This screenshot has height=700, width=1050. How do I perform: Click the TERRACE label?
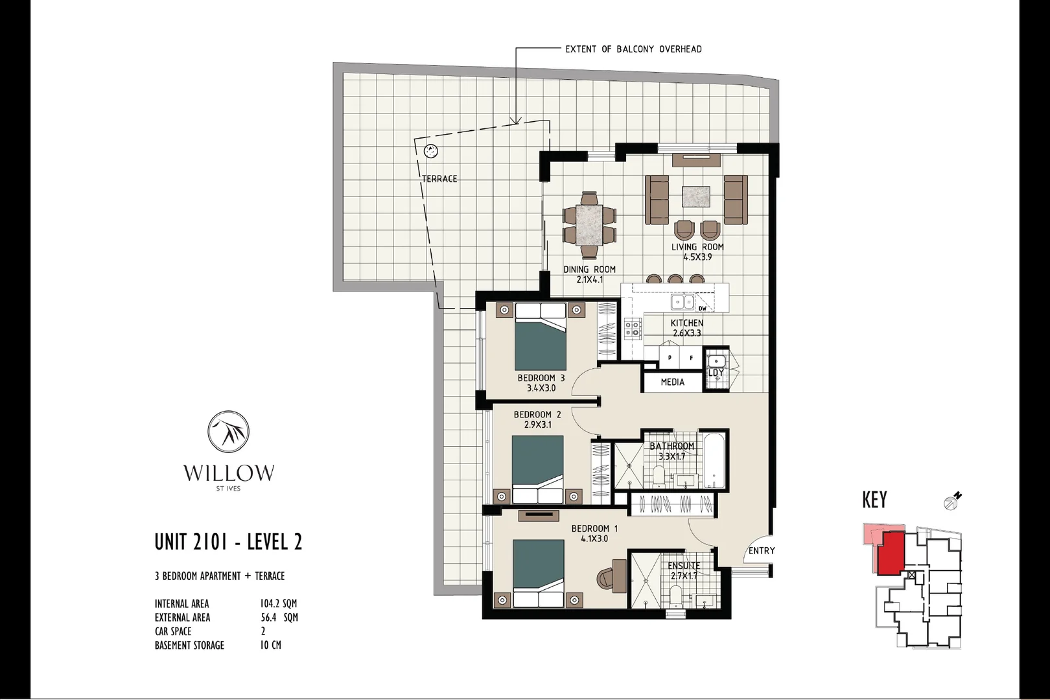(439, 179)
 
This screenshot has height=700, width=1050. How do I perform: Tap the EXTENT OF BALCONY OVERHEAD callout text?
(633, 49)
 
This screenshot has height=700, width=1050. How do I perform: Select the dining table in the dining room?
(589, 224)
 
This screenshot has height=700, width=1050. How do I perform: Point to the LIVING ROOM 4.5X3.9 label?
(697, 251)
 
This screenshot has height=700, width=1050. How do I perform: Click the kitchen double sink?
(682, 302)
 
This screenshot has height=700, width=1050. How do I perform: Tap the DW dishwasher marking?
(702, 309)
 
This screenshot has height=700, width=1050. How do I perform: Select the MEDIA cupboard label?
(672, 382)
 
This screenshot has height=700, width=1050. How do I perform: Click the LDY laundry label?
(716, 373)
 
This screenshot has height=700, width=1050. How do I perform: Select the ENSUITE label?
(684, 566)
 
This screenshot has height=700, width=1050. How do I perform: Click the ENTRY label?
(761, 550)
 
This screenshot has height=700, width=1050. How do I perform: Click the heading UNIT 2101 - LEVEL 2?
(228, 542)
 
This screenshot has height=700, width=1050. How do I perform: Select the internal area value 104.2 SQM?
(278, 603)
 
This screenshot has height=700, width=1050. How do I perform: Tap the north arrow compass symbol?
(953, 500)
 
